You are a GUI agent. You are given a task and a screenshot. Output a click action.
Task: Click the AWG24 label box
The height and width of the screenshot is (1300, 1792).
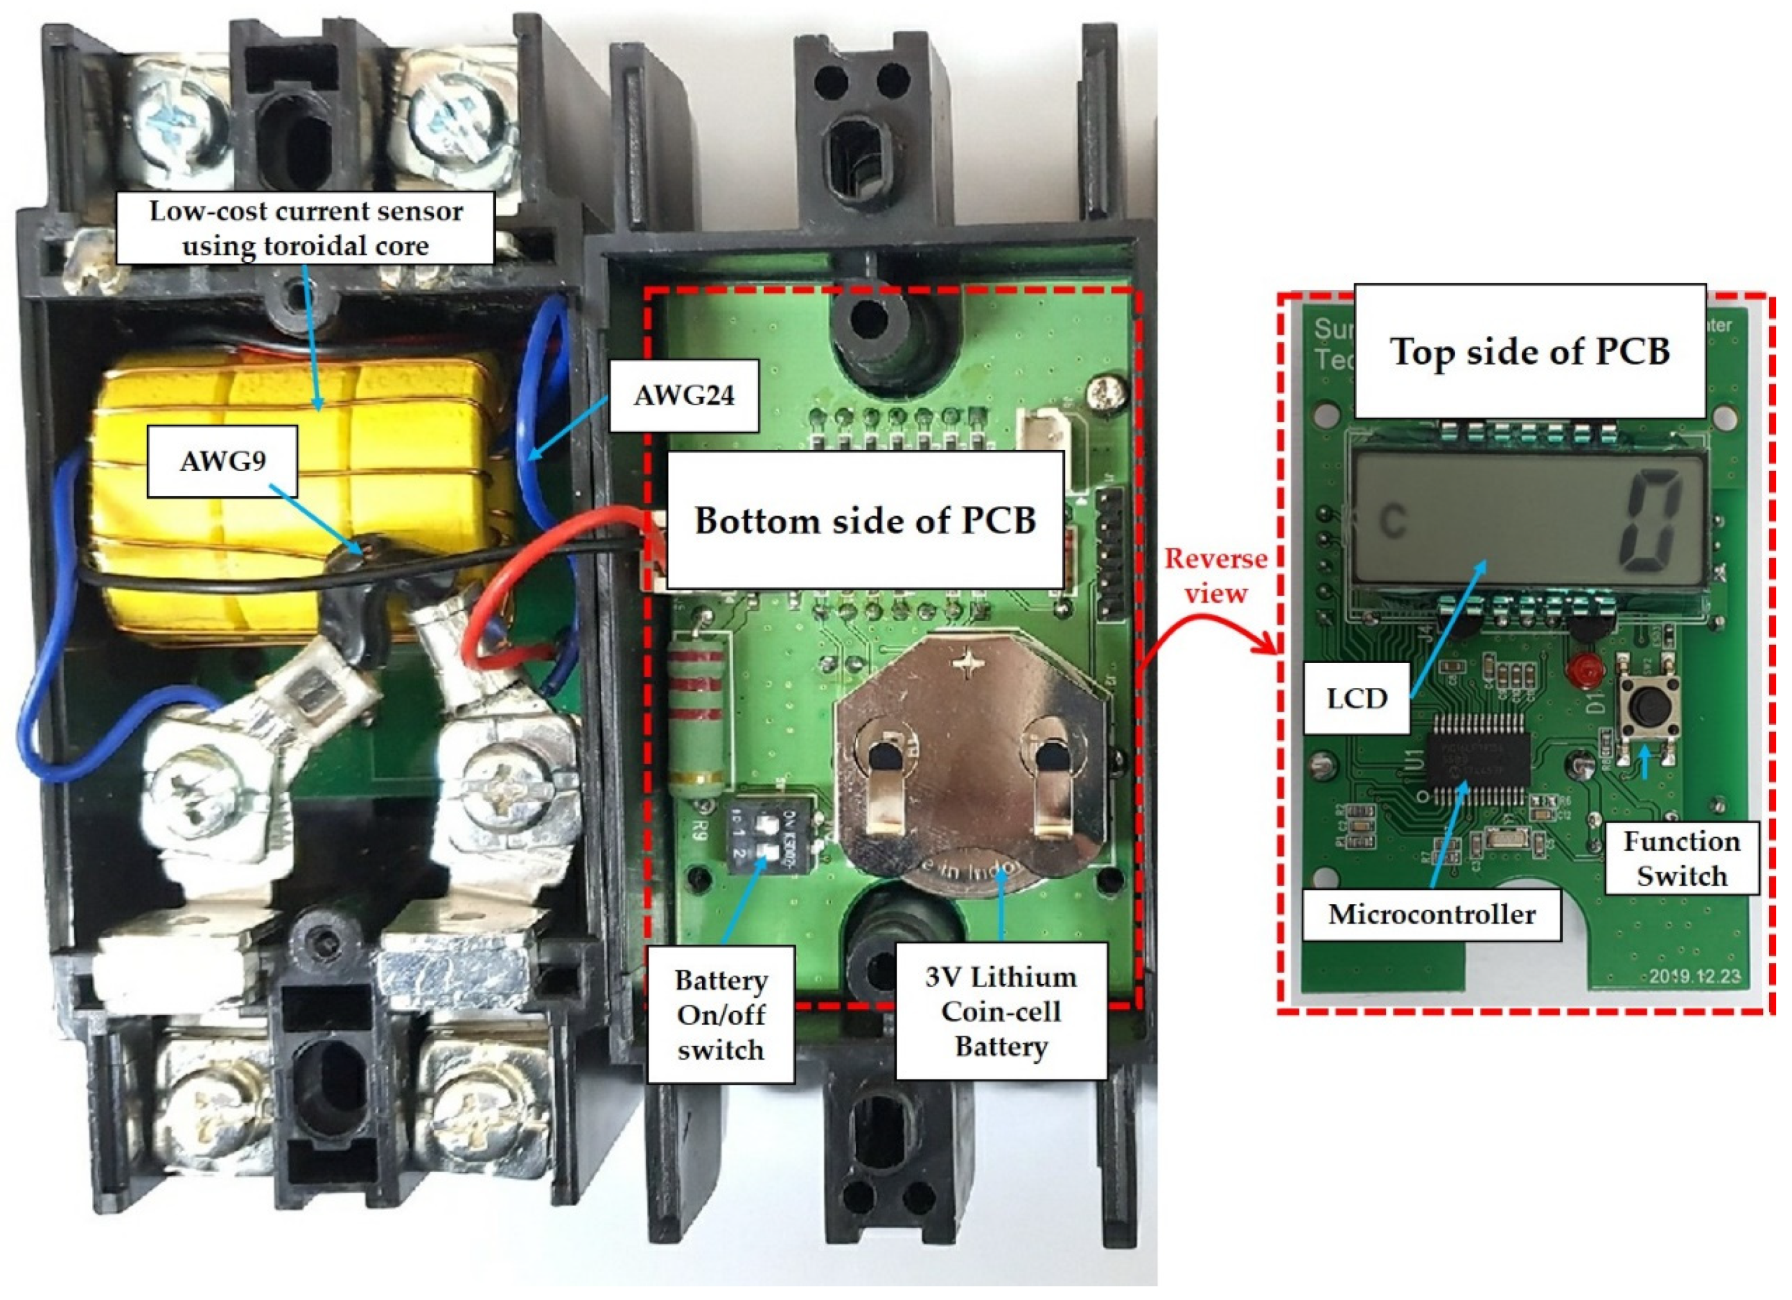click(x=684, y=395)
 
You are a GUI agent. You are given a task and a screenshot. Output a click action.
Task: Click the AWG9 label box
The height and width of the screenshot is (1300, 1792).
click(x=222, y=461)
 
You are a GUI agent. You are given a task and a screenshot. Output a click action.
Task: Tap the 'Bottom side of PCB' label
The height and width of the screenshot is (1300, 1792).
click(x=865, y=521)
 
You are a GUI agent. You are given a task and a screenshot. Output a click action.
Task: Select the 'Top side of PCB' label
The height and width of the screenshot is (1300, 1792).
click(x=1530, y=351)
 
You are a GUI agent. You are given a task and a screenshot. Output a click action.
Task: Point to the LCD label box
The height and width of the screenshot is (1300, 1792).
click(x=1357, y=698)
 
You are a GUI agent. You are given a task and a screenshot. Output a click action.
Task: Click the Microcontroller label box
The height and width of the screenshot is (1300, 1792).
click(x=1432, y=915)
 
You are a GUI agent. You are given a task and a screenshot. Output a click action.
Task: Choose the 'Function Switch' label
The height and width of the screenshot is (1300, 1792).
click(x=1682, y=858)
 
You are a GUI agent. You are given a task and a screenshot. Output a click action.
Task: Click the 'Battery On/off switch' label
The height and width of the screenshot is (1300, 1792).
click(x=721, y=1015)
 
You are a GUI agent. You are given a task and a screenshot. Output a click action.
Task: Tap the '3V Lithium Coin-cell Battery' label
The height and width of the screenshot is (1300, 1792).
click(x=1001, y=1012)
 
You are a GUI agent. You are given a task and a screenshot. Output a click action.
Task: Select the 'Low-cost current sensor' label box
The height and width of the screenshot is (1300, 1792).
click(x=306, y=229)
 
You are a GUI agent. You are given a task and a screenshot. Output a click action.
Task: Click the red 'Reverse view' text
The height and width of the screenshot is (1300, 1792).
click(x=1215, y=576)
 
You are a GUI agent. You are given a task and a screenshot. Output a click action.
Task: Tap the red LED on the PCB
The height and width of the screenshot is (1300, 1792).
click(x=1581, y=670)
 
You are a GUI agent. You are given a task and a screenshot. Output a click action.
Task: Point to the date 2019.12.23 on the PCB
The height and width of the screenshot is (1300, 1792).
click(x=1695, y=976)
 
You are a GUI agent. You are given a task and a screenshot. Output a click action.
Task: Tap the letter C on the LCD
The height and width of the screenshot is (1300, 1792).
click(x=1393, y=522)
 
